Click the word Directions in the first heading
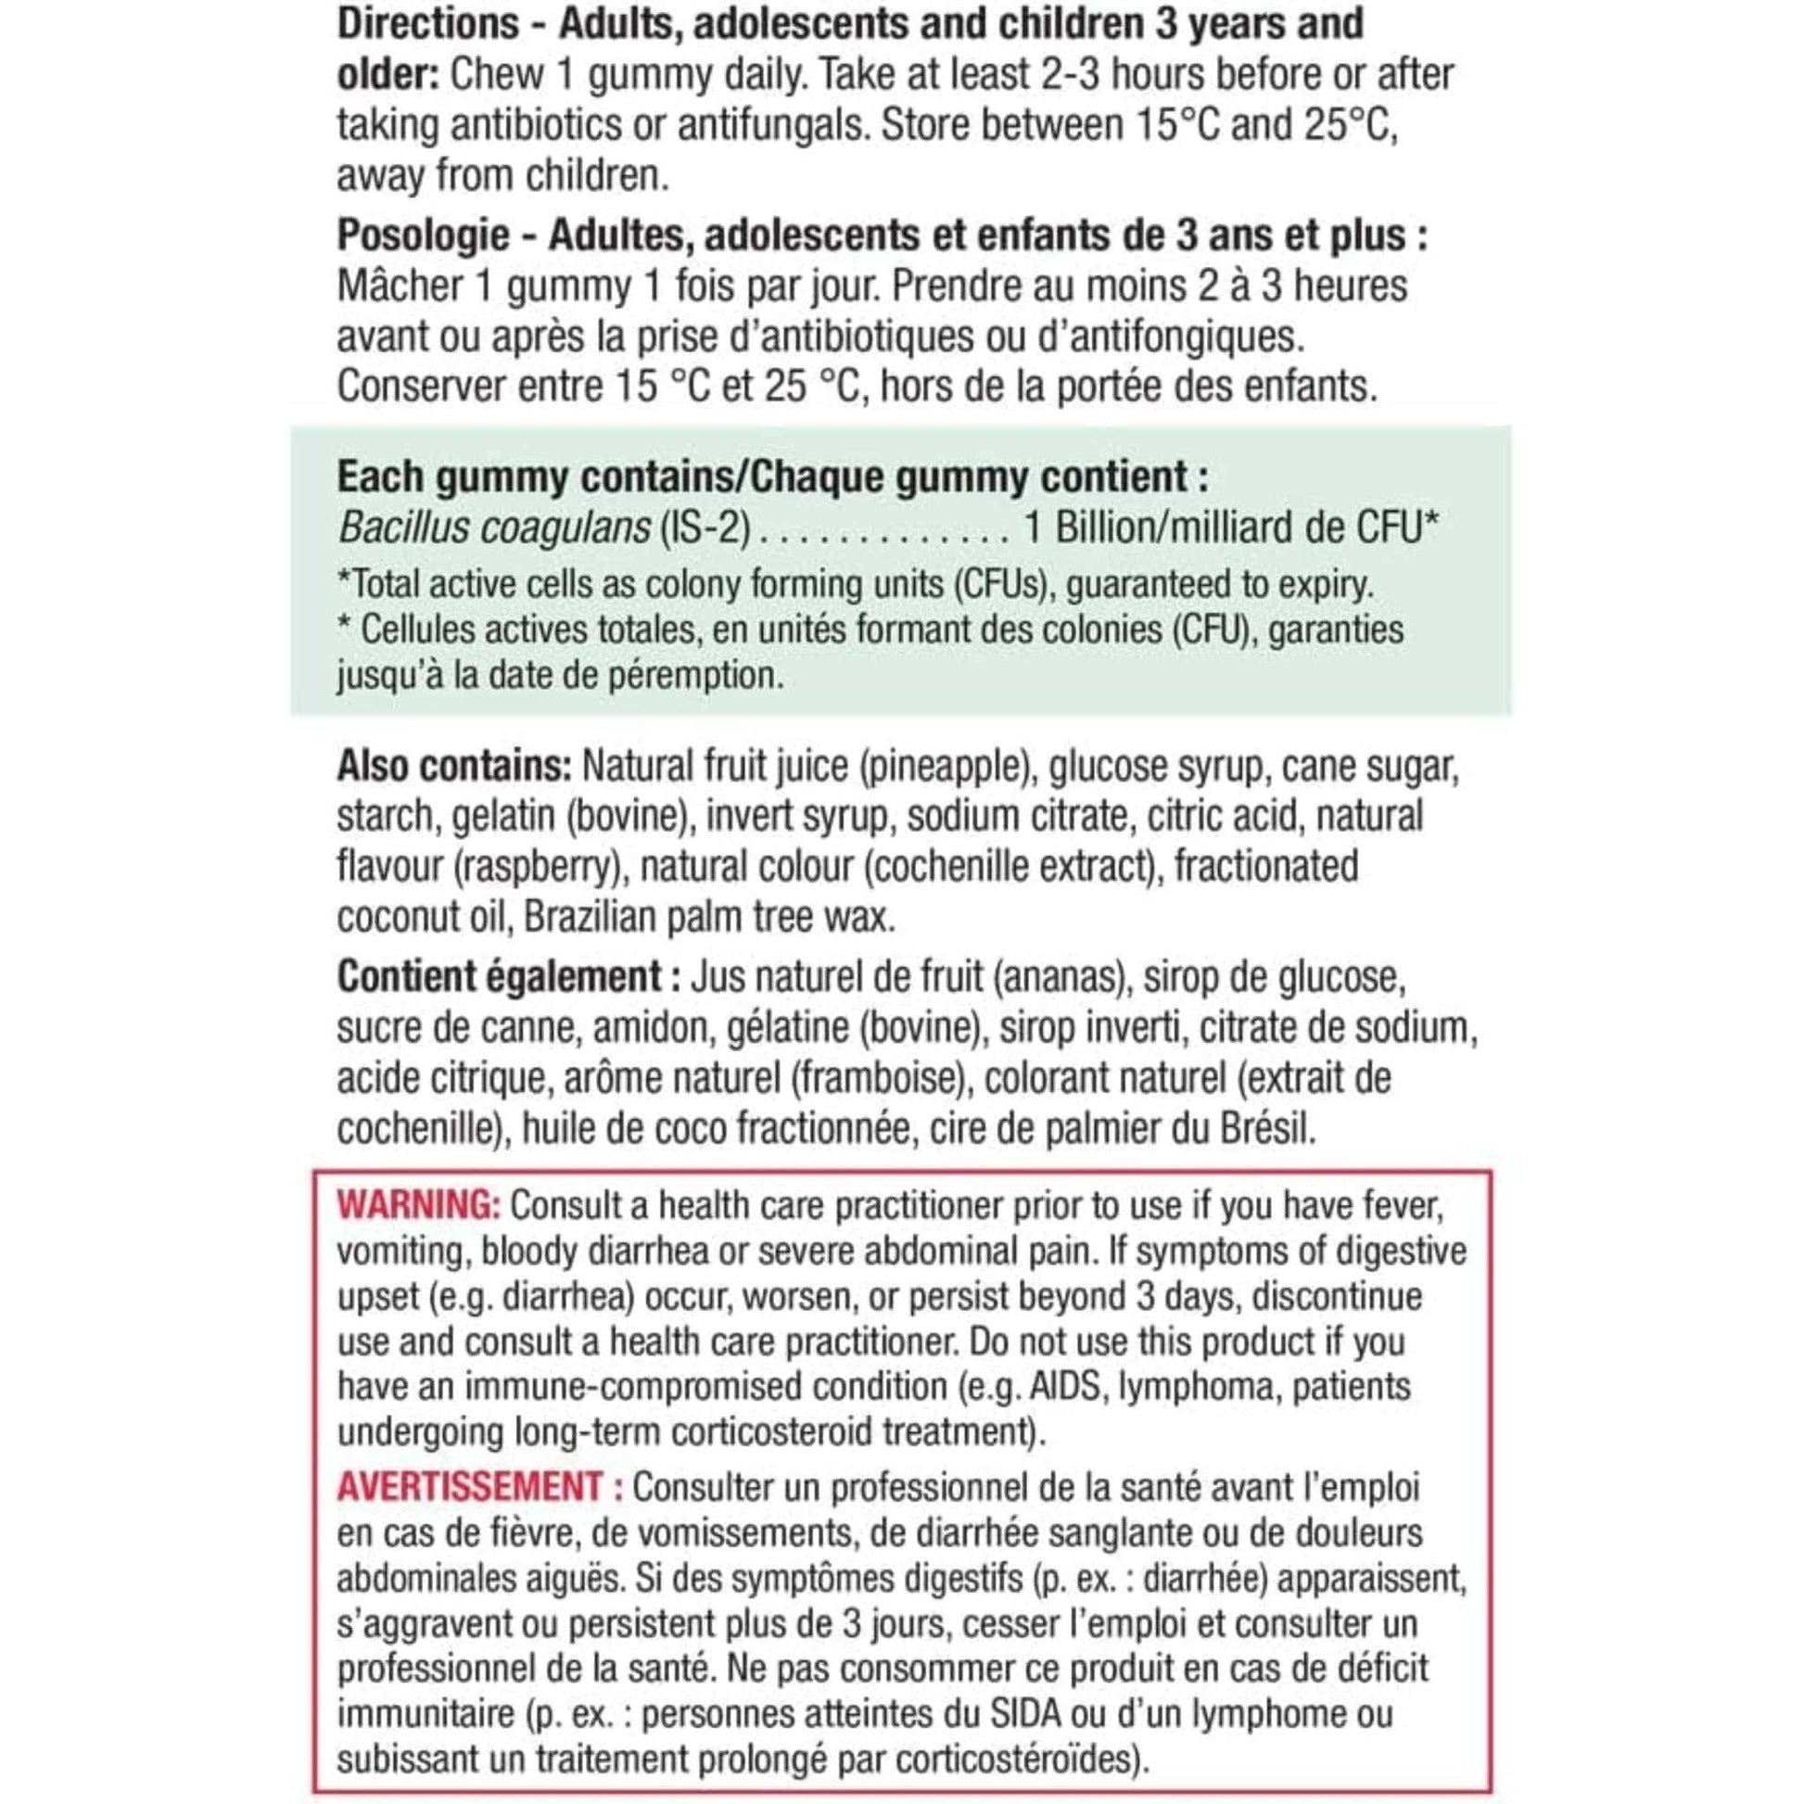[x=427, y=24]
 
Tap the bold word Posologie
[x=423, y=235]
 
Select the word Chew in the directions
[x=496, y=75]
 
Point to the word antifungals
[x=769, y=125]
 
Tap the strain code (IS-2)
[x=705, y=528]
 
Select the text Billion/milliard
[x=1199, y=528]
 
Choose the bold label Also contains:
[x=454, y=767]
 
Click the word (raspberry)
[x=538, y=868]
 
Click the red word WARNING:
[x=419, y=1205]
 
